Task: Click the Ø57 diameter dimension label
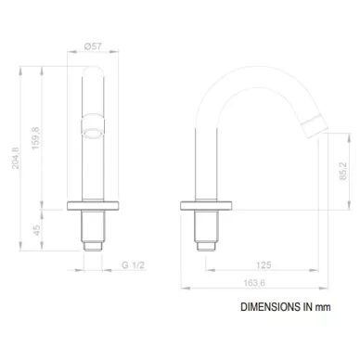coord(93,46)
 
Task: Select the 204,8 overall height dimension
coord(16,158)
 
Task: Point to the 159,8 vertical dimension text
coord(36,138)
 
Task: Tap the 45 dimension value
coord(37,230)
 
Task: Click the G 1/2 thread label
coord(133,265)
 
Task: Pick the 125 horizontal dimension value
coord(264,265)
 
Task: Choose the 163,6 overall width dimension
coord(254,283)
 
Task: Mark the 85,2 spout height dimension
coord(343,171)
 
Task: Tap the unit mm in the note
coord(323,307)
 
